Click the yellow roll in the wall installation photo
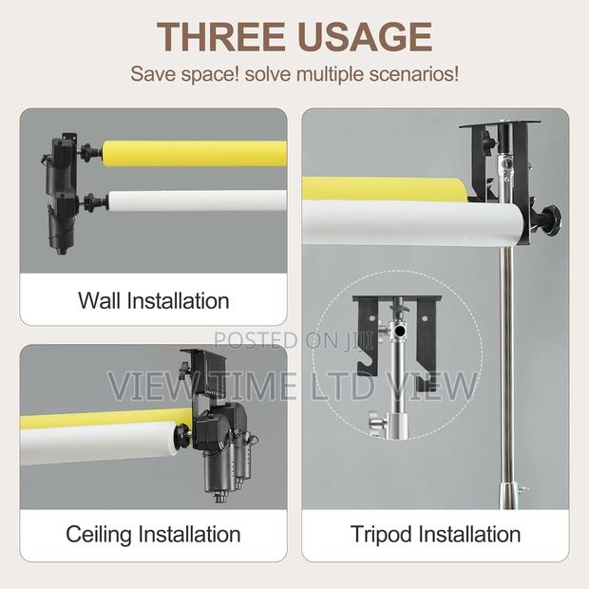coord(190,151)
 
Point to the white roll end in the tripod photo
coord(508,228)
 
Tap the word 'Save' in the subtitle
coord(151,73)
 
